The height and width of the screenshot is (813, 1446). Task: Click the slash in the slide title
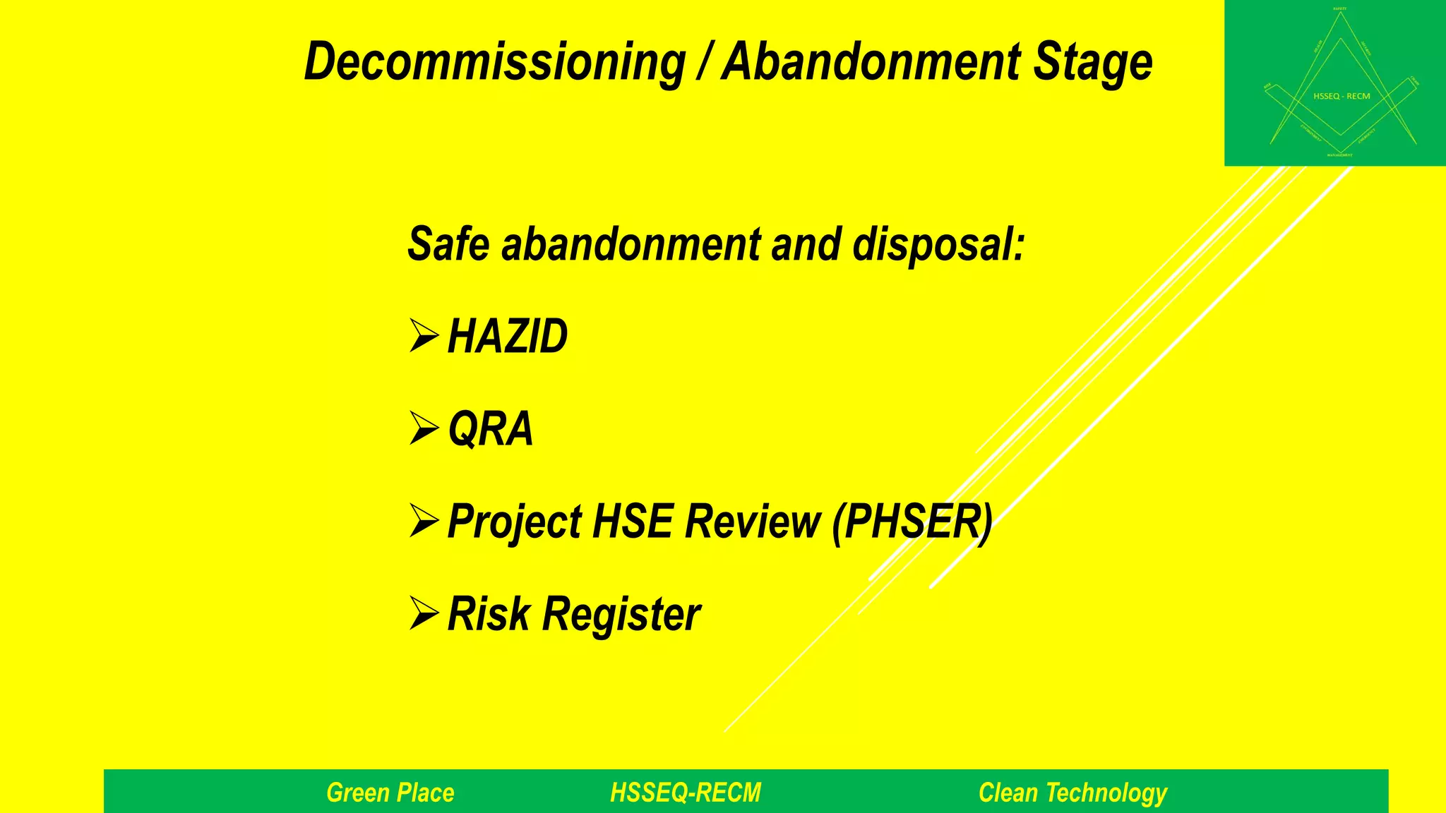[x=703, y=62]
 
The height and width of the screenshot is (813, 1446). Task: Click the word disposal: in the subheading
[x=938, y=246]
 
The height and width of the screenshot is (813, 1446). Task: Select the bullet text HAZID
[x=507, y=336]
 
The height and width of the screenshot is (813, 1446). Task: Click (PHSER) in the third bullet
[x=912, y=522]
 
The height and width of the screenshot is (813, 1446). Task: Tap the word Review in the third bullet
[x=753, y=522]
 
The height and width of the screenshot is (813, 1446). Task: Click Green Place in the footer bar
[x=390, y=793]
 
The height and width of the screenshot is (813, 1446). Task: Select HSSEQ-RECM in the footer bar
[x=686, y=793]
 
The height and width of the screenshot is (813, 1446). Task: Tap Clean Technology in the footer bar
[x=1072, y=793]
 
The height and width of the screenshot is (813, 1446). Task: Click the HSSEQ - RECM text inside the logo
[x=1342, y=96]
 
